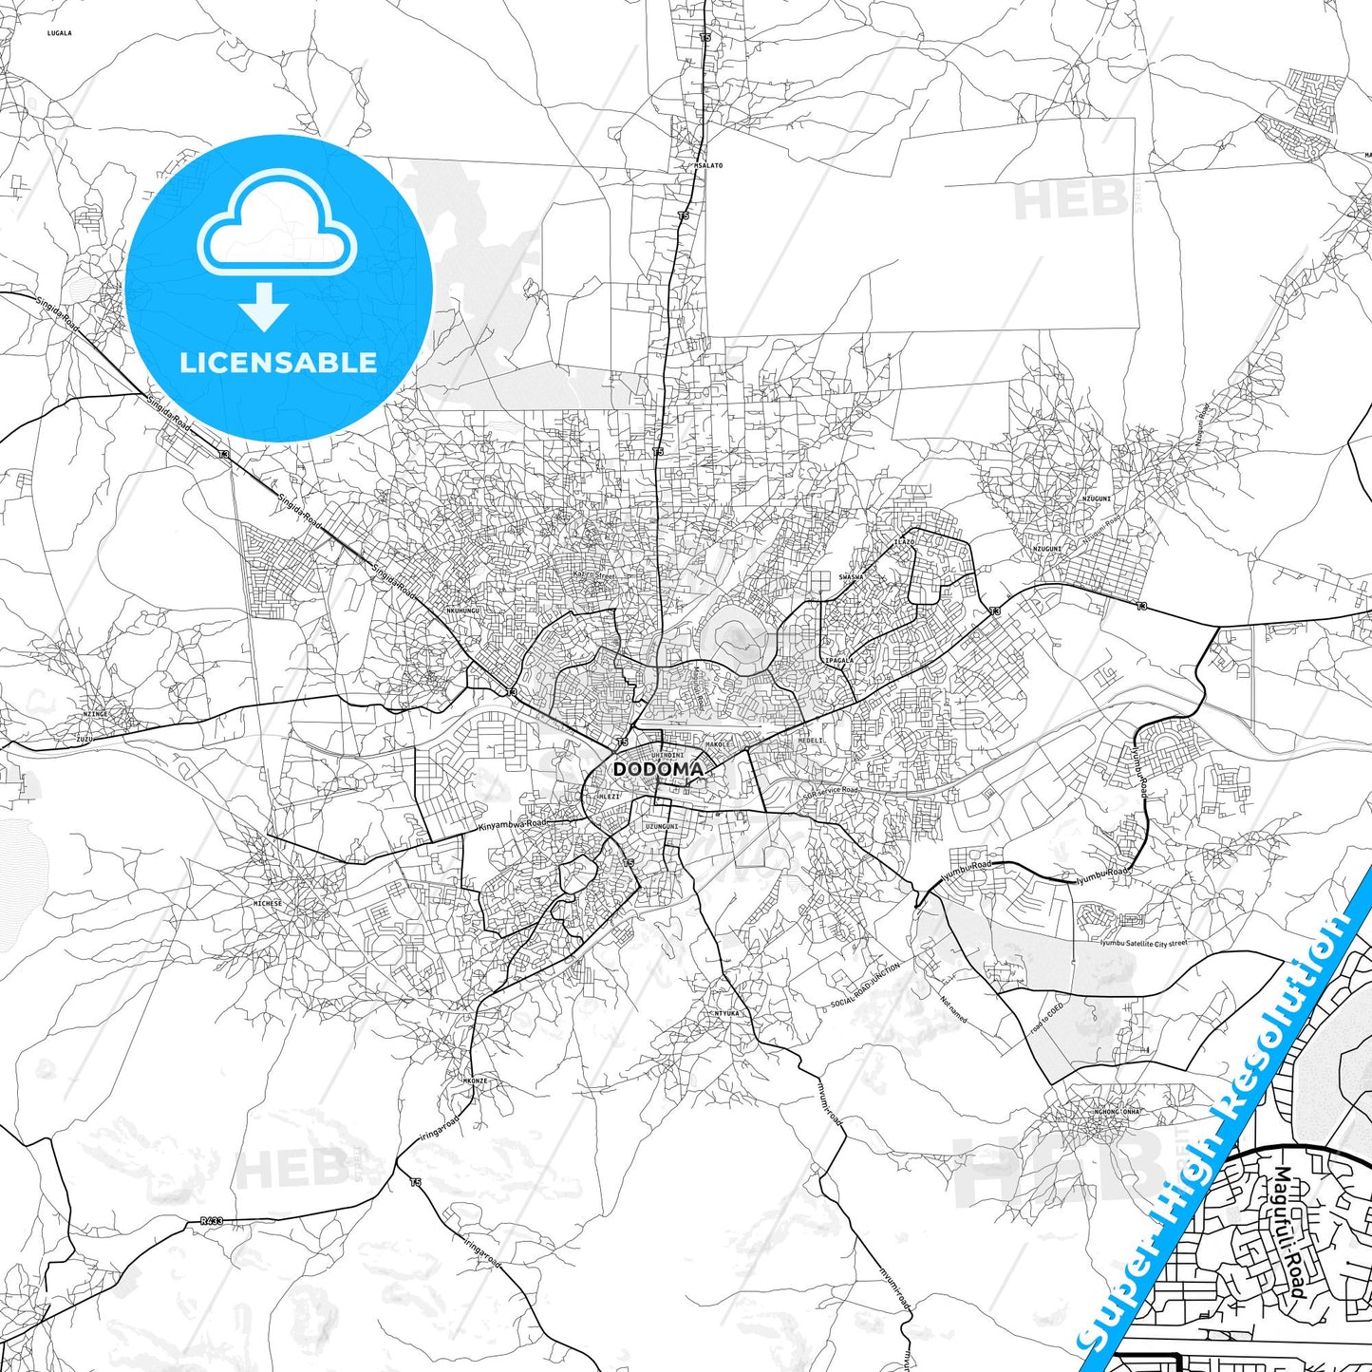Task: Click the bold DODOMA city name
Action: click(658, 769)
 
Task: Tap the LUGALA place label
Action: click(60, 33)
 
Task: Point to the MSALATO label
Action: click(708, 165)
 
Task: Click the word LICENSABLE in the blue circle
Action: click(278, 363)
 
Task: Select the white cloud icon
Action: click(277, 225)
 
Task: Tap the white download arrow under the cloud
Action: click(264, 307)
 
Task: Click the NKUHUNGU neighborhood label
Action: click(463, 611)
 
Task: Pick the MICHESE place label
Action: click(268, 903)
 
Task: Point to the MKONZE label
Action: click(475, 1081)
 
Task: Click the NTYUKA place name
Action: click(726, 1013)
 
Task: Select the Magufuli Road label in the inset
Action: click(1287, 1232)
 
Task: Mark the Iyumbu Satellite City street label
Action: click(1143, 943)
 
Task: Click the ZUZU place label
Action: click(85, 737)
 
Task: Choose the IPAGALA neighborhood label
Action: click(839, 659)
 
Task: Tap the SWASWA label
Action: click(851, 576)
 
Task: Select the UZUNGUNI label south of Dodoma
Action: click(662, 826)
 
